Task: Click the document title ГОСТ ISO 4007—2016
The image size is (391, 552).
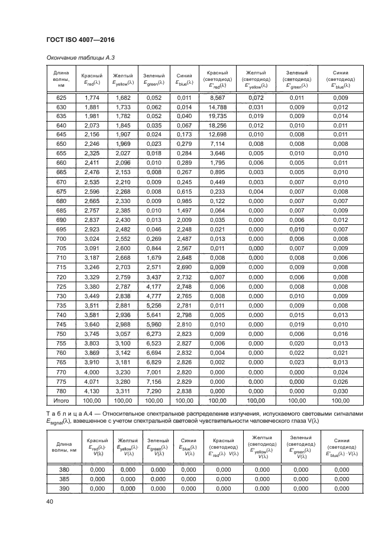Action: [x=80, y=39]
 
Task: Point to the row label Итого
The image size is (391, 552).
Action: [x=62, y=400]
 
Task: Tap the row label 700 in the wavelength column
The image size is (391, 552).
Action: [x=62, y=239]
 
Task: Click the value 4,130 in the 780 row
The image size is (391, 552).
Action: [x=92, y=390]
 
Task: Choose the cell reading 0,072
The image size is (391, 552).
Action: [x=256, y=97]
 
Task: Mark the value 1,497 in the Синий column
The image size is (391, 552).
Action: [x=184, y=211]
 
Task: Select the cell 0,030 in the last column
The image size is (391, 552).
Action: [x=340, y=390]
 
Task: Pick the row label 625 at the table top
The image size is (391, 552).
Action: [x=62, y=97]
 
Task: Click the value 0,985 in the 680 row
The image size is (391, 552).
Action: [x=184, y=201]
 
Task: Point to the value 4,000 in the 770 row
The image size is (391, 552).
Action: [x=92, y=371]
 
